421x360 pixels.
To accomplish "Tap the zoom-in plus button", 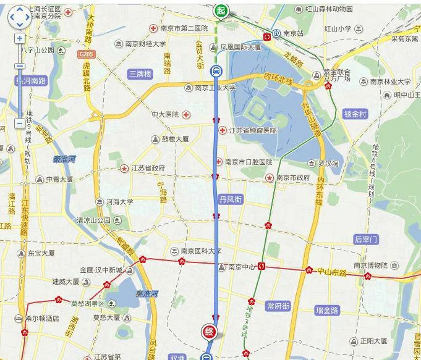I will (20, 38).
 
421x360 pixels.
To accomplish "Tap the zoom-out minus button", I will (20, 123).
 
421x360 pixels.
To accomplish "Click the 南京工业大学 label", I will (215, 88).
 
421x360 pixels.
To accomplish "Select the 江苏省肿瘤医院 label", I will (252, 131).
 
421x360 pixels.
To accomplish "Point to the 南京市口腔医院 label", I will (248, 162).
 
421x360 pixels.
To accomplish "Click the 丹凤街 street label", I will (231, 199).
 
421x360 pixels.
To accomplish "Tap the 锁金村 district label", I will (355, 114).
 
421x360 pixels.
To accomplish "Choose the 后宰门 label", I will (365, 239).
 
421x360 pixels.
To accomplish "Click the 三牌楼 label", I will (140, 74).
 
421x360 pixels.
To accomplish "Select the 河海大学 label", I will (119, 201).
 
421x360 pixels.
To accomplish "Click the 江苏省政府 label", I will (148, 168).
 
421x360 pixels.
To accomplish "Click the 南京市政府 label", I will (293, 178).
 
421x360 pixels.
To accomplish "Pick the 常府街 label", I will (278, 306).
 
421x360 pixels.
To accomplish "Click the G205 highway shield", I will (87, 55).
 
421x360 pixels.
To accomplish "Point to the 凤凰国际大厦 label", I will (246, 47).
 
